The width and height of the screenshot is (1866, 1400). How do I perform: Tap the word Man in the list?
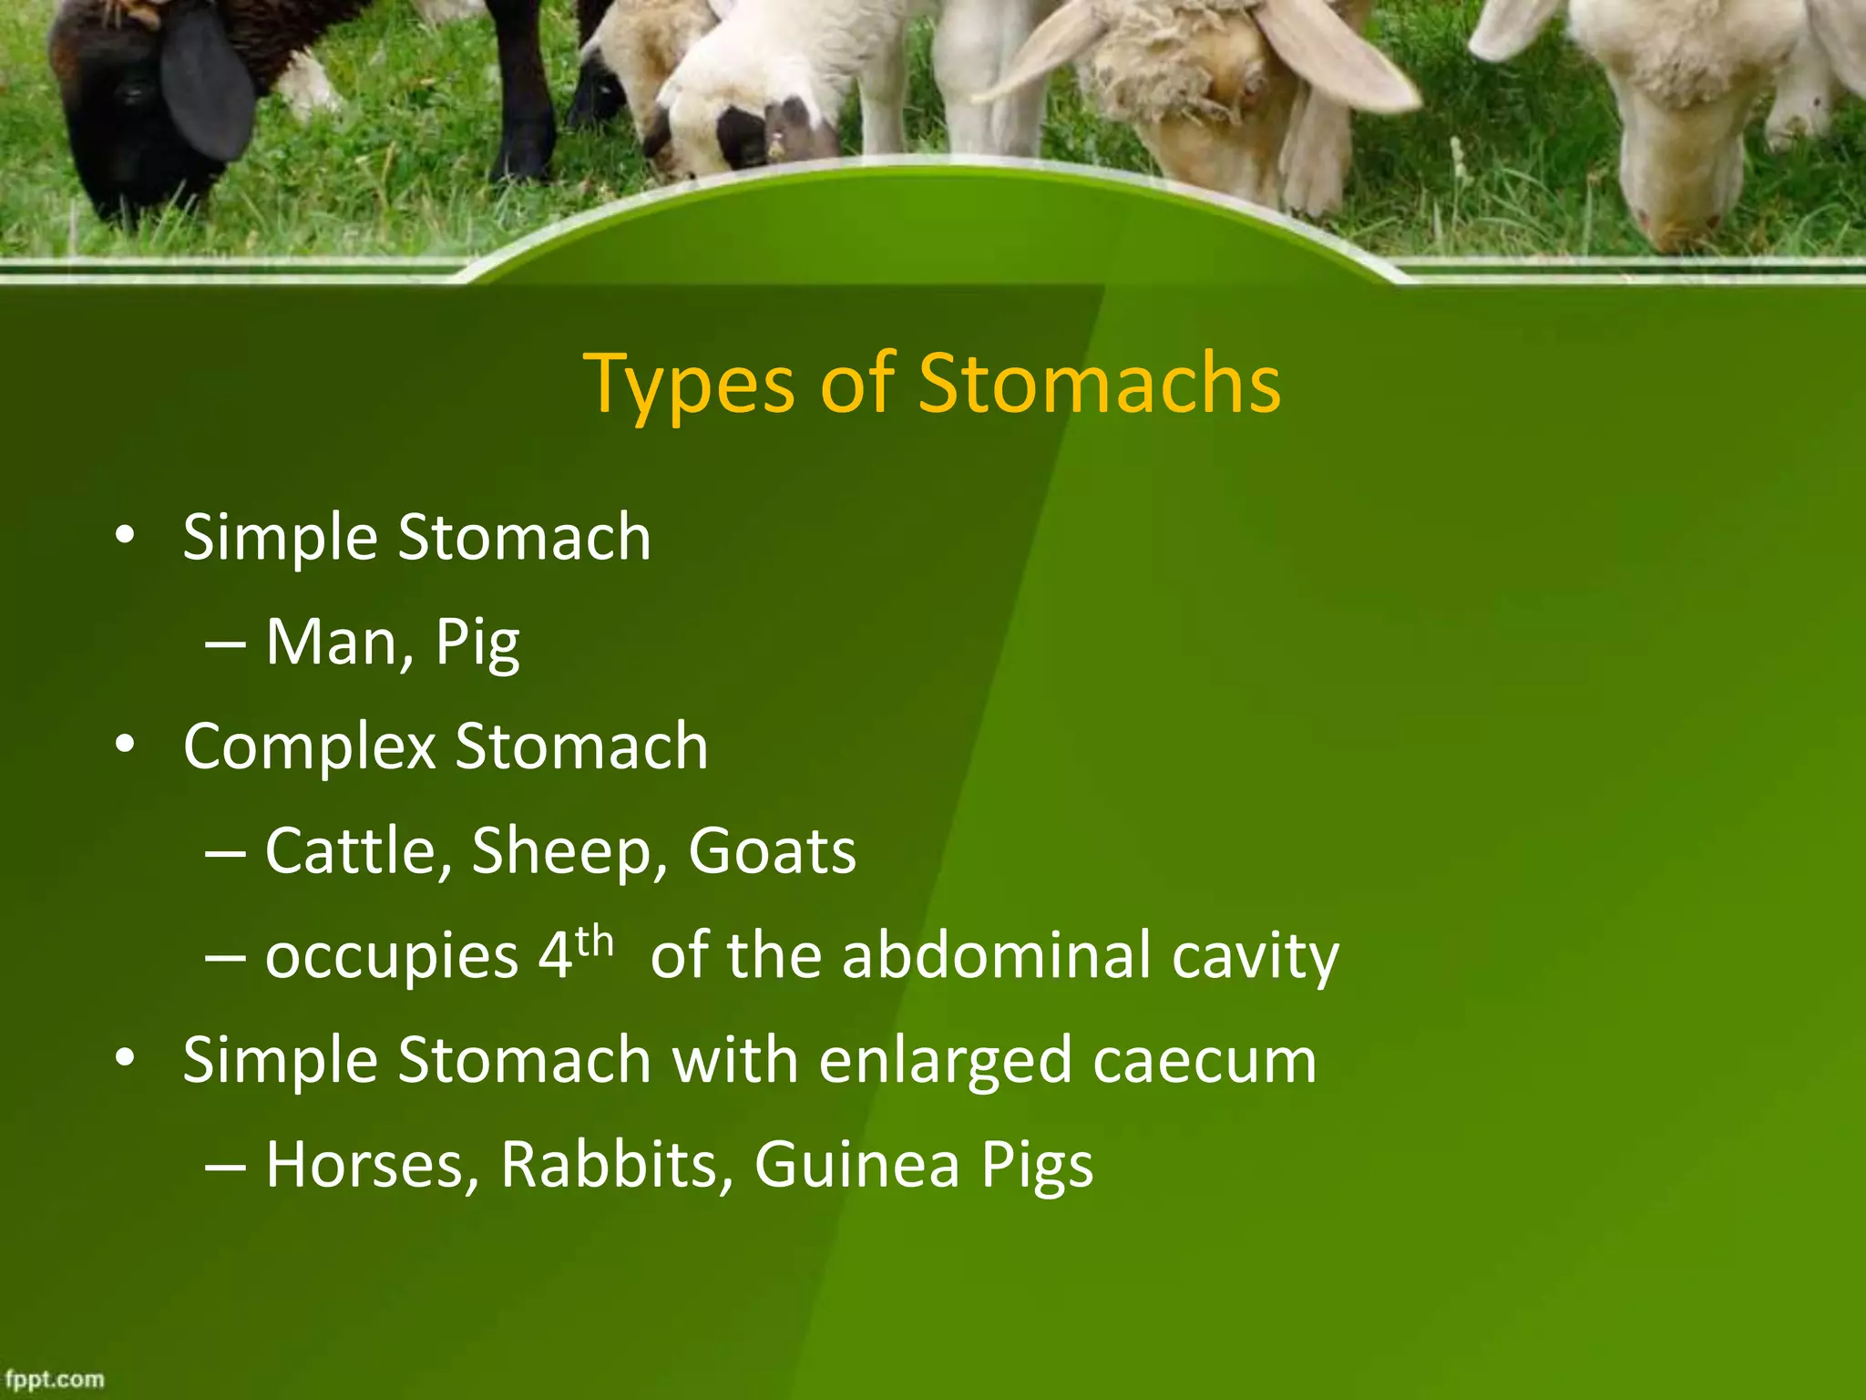(341, 643)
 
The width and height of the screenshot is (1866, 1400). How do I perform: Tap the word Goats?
(772, 851)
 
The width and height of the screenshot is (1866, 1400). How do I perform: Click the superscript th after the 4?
(595, 941)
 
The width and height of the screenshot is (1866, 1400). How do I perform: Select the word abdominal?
(996, 955)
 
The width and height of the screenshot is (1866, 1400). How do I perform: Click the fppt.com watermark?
(55, 1379)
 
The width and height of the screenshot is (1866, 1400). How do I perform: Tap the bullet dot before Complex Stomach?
(126, 745)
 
